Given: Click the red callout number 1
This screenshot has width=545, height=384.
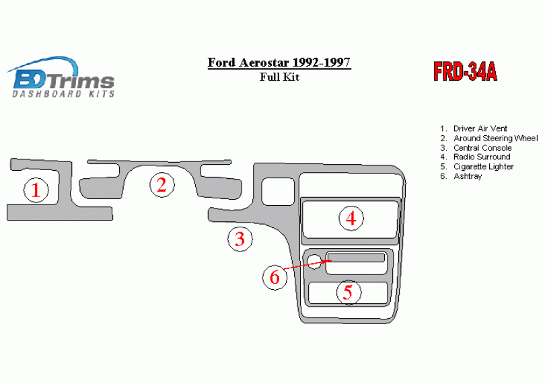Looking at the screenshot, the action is tap(36, 190).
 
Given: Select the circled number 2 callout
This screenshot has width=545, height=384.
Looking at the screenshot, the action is tap(162, 185).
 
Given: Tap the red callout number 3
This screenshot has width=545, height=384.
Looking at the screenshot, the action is tap(240, 239).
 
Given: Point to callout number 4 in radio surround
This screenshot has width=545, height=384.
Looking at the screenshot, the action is tap(351, 219).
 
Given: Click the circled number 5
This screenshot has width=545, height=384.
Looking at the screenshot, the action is tap(349, 293).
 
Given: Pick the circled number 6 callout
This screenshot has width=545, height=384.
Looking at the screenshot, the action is tap(275, 277).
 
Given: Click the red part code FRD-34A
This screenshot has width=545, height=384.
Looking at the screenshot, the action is tap(465, 72).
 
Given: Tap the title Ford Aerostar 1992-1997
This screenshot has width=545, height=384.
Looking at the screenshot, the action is tap(279, 63).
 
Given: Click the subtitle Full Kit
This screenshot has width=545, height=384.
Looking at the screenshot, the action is tap(279, 77).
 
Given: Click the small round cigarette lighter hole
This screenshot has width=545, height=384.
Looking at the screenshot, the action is tap(314, 262).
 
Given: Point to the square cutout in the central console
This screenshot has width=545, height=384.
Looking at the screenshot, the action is tap(278, 192).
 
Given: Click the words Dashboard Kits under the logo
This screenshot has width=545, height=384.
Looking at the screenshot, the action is tap(63, 94).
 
